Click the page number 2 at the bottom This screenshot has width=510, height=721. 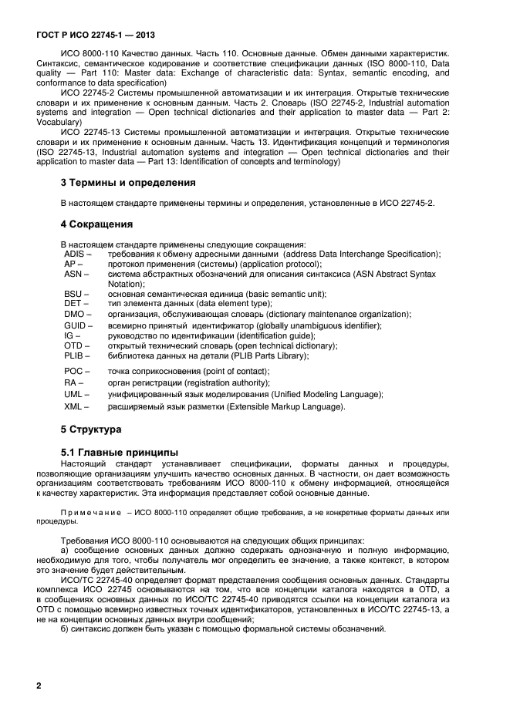[x=39, y=685]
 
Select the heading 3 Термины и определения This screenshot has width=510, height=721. [x=127, y=183]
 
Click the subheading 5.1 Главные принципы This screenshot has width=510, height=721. [x=120, y=451]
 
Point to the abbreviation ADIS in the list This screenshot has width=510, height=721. [x=76, y=254]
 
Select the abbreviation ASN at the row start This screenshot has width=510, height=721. [x=73, y=274]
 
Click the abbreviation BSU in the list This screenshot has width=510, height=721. [x=73, y=294]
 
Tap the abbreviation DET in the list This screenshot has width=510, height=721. [x=73, y=304]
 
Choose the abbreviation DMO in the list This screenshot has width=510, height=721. [x=74, y=315]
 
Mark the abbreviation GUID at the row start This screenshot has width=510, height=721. [x=76, y=325]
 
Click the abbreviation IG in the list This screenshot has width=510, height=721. [x=69, y=335]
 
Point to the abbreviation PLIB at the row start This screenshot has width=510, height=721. [x=75, y=356]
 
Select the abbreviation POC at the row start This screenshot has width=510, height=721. [x=74, y=371]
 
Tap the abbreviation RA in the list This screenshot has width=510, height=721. [x=71, y=382]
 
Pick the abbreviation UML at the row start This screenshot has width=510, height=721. [x=74, y=394]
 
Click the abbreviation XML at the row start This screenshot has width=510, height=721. [x=73, y=406]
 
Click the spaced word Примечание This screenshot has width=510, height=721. [x=91, y=513]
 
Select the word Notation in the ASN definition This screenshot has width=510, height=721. [x=126, y=284]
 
